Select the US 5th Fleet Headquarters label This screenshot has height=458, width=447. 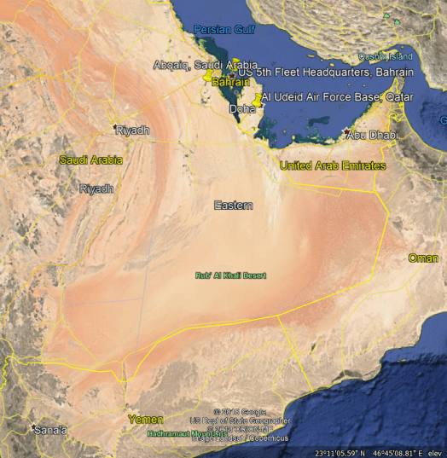pos(325,73)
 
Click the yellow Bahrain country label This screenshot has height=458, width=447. pos(230,83)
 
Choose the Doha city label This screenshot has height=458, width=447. pos(242,110)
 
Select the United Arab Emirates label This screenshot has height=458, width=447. pos(333,165)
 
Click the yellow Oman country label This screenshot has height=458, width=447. pos(423,258)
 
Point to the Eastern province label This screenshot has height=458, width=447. pos(233,206)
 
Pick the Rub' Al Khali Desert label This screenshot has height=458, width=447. pos(230,275)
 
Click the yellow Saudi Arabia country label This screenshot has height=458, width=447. pos(90,159)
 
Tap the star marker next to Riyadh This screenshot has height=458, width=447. pos(116,128)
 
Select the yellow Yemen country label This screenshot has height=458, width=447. pos(145,420)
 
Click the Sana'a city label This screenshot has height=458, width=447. pos(51,430)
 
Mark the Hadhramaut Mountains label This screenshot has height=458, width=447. pos(188,433)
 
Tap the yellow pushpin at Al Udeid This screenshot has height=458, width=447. pos(257,100)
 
